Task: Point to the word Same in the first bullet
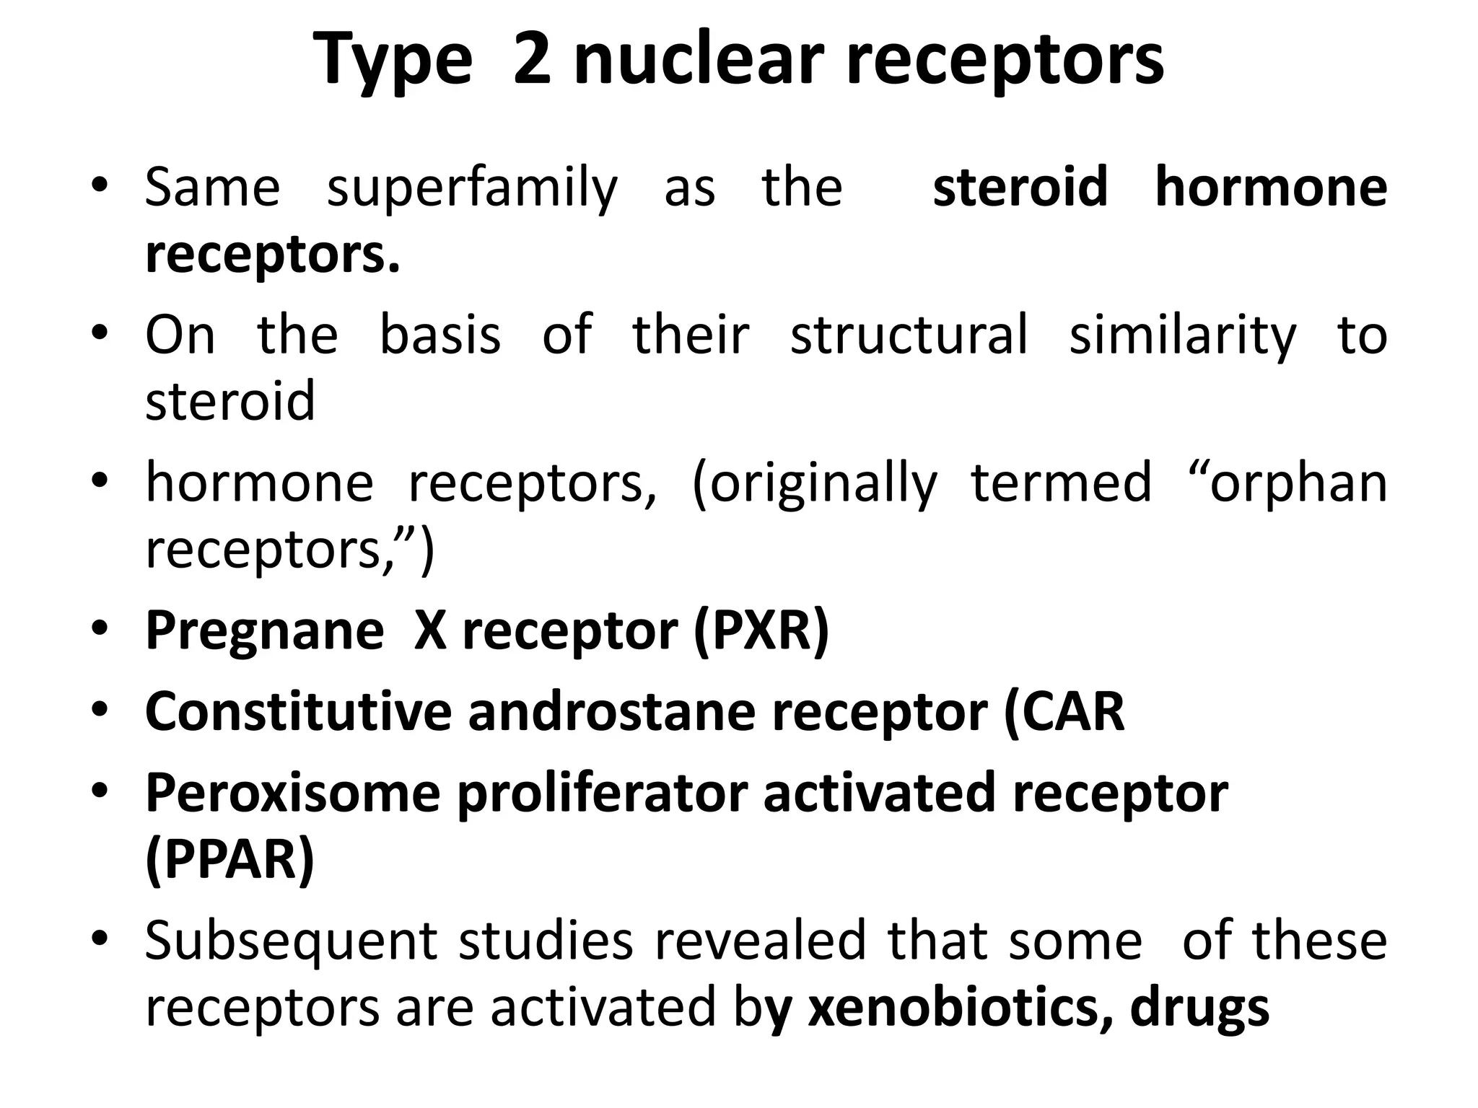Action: point(212,188)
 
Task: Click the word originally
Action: point(815,484)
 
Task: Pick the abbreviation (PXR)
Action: point(761,631)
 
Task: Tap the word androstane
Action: point(611,713)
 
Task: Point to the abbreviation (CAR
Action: point(1064,713)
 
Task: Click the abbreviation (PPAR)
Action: point(229,860)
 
